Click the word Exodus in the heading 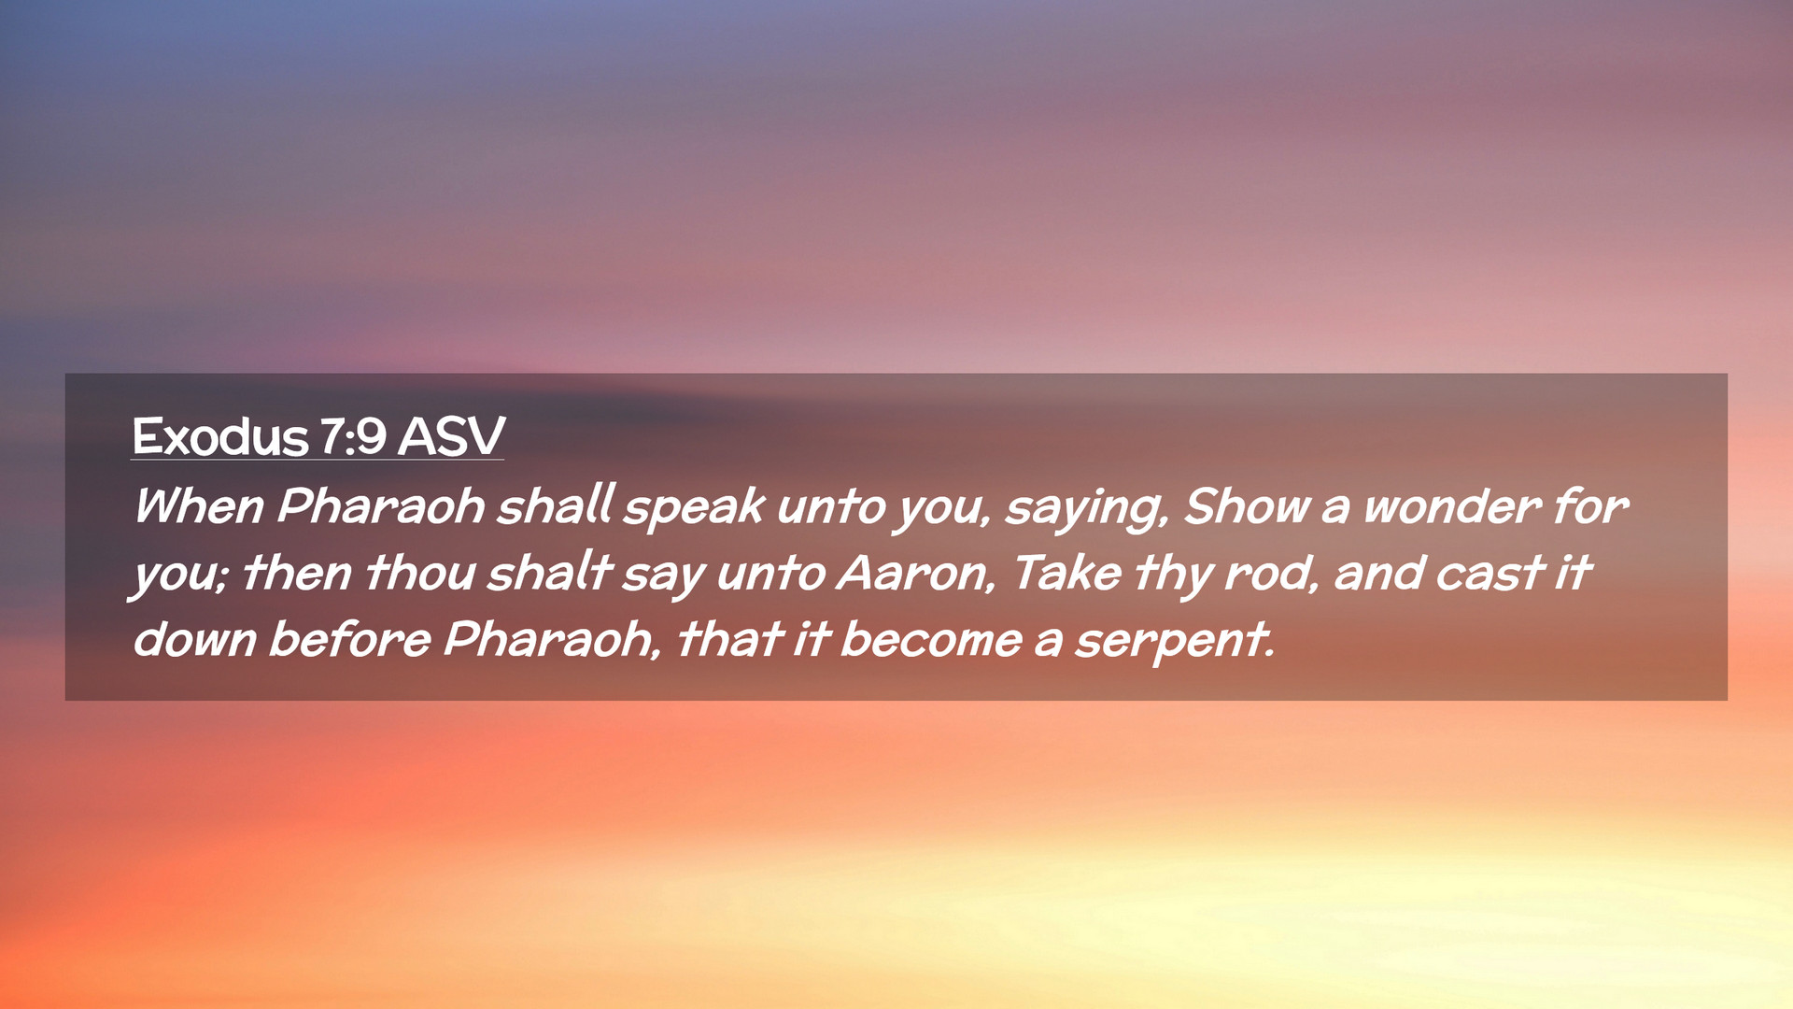220,436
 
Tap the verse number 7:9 353,436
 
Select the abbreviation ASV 451,436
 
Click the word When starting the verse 199,506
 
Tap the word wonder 1449,507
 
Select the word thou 420,573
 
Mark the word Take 1066,573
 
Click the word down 194,640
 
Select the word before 350,640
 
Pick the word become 931,640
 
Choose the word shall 555,506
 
